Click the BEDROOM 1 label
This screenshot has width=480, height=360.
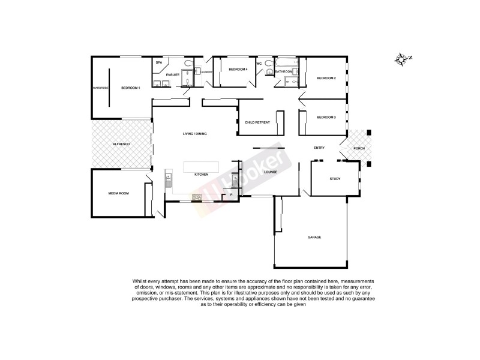130,88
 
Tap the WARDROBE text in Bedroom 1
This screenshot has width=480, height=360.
100,88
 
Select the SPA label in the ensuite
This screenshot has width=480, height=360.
159,63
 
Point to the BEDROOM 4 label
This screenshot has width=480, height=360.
238,70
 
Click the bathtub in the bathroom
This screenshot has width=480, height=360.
284,63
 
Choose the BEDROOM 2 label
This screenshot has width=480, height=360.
326,79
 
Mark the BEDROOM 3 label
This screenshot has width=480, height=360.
326,117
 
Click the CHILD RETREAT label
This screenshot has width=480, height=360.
257,122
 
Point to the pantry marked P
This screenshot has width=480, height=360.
231,195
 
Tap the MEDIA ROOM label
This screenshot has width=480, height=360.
118,194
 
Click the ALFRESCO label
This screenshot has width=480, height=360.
122,145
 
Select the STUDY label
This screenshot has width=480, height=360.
335,179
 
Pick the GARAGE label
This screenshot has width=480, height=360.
314,238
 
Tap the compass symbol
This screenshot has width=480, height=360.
402,59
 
